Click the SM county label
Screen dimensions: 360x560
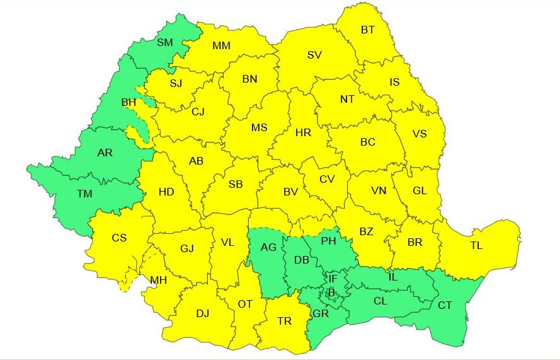(164, 43)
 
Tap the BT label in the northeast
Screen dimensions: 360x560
(368, 30)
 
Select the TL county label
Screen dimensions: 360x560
(479, 246)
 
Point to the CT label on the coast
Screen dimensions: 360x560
(445, 306)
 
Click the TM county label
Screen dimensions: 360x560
(84, 194)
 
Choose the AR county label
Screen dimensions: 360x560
(105, 153)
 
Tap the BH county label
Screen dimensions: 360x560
(129, 102)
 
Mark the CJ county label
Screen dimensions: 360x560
(198, 112)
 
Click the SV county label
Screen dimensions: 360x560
(314, 55)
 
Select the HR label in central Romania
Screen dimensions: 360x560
(303, 132)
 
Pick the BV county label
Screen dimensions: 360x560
(290, 192)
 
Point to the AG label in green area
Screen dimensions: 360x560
(269, 247)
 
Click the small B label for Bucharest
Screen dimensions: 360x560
(331, 292)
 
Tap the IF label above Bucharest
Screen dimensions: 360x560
(333, 278)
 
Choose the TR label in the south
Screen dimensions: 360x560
(285, 322)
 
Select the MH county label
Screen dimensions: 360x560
(159, 281)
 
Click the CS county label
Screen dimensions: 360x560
(119, 238)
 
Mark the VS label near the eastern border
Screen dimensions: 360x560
(419, 134)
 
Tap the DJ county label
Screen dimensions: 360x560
(202, 313)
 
